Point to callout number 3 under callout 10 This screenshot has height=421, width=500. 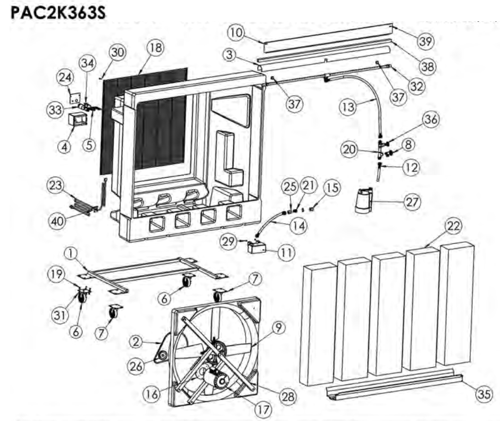(245, 55)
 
